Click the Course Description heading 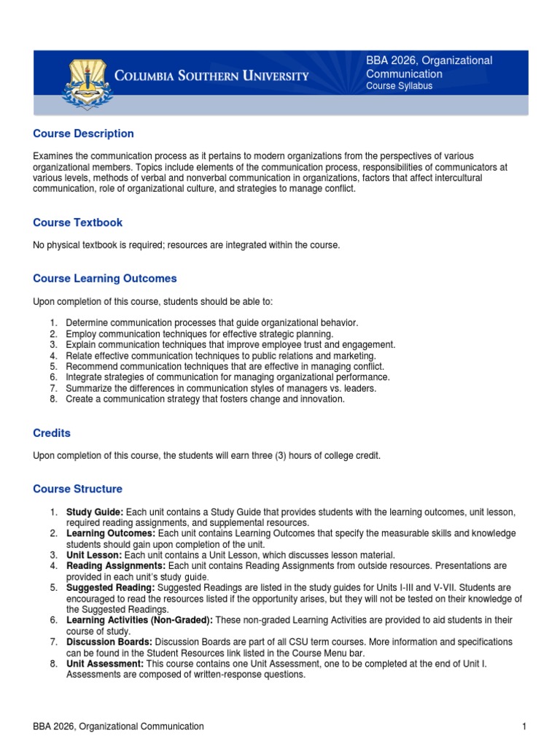84,133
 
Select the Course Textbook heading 78,222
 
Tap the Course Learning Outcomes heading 105,279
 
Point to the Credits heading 52,433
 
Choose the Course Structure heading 78,489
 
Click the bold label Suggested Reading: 110,587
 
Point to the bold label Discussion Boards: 109,641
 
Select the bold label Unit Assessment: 105,665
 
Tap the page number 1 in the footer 524,727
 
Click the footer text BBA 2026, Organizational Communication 119,727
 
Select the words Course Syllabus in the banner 399,86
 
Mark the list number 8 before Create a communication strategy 54,399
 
